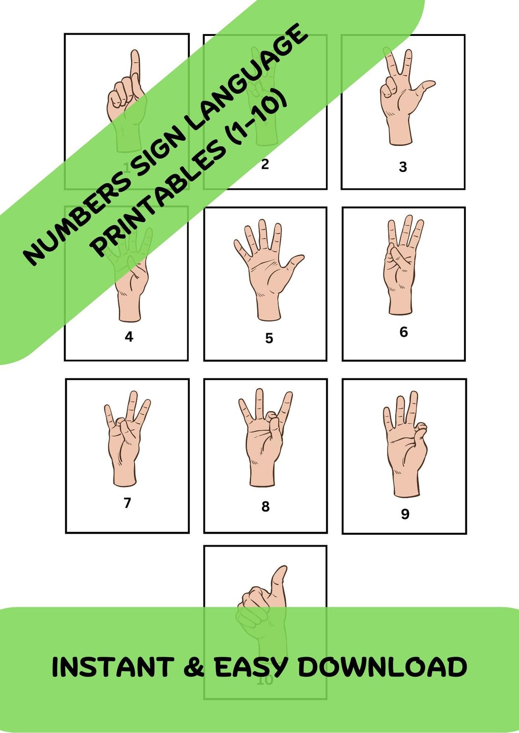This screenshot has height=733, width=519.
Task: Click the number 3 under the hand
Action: [402, 167]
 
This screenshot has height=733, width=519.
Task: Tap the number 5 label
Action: [269, 338]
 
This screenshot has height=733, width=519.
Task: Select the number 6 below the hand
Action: [403, 332]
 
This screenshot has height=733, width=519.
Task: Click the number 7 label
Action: [127, 503]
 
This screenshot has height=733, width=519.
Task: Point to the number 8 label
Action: [265, 507]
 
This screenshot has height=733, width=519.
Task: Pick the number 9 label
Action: [405, 514]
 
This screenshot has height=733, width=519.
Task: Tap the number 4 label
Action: [129, 337]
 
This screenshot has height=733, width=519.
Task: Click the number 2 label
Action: [265, 164]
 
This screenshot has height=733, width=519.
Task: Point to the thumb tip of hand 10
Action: [282, 571]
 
